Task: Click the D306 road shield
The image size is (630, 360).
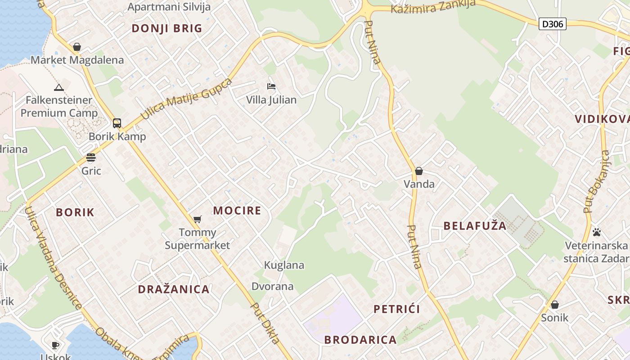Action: click(x=552, y=24)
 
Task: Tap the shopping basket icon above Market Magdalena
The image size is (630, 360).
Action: click(x=77, y=47)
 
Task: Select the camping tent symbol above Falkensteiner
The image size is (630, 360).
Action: click(x=58, y=87)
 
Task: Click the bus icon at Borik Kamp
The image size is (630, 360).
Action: click(x=117, y=123)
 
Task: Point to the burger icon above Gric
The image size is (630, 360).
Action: click(x=91, y=157)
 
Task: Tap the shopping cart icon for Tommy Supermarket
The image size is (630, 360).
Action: click(x=197, y=219)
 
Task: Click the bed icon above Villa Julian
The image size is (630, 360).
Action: click(x=271, y=86)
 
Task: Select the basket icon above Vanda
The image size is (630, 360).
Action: click(x=419, y=171)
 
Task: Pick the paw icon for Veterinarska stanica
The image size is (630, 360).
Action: click(x=597, y=232)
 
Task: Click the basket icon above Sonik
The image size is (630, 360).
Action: click(x=555, y=305)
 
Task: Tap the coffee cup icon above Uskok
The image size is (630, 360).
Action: click(x=55, y=345)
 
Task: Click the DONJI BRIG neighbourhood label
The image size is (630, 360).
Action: click(x=167, y=28)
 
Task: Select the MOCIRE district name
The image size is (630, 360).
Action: click(x=237, y=211)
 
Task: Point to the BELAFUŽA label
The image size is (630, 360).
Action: click(x=475, y=226)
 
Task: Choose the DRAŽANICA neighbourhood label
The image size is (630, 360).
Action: click(x=174, y=289)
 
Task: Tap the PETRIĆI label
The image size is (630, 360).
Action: click(x=397, y=309)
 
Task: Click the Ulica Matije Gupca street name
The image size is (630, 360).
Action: click(x=186, y=99)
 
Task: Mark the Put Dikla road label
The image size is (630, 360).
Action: click(x=265, y=324)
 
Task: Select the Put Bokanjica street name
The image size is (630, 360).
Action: click(x=596, y=182)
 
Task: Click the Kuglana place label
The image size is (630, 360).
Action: click(x=284, y=265)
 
